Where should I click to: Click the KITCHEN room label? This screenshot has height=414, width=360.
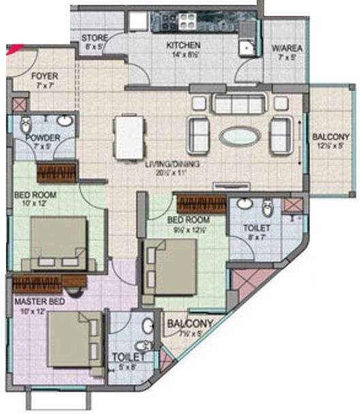coord(184,45)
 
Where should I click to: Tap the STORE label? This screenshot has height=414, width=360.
coord(93,38)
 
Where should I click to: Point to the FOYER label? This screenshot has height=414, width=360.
coord(45,76)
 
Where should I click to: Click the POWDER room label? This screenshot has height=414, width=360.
coord(42,138)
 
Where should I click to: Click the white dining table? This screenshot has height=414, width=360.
coord(129,137)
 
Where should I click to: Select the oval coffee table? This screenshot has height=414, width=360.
coord(239,135)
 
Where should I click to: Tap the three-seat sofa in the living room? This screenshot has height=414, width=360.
coord(238,103)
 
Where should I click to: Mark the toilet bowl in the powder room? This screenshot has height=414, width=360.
coord(26,125)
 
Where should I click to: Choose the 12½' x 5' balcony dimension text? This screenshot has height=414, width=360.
coord(332,145)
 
